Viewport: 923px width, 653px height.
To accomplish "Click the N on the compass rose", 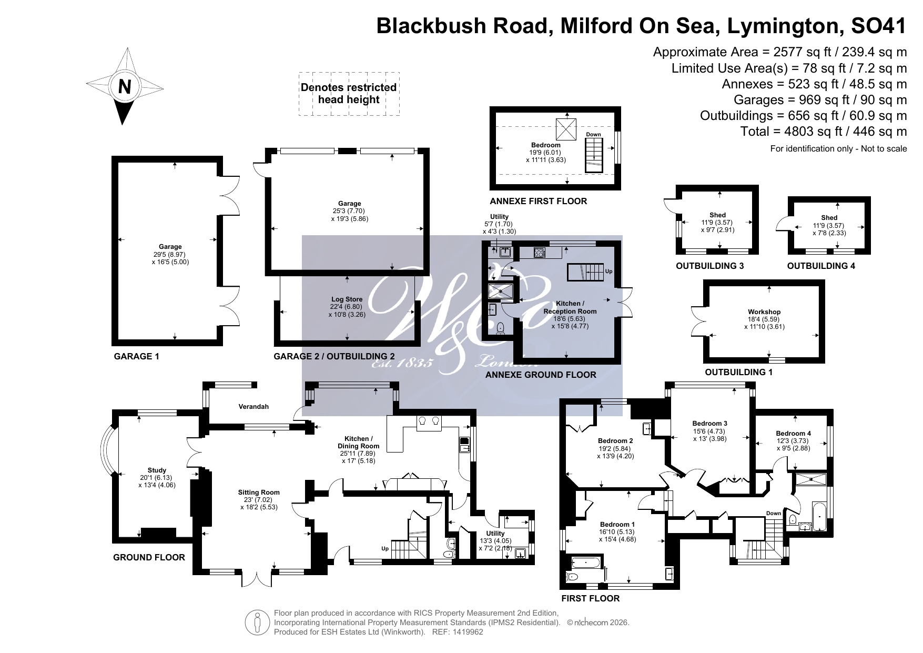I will (x=124, y=86).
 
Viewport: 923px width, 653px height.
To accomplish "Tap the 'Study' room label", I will (x=157, y=470).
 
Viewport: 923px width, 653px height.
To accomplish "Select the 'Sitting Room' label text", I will (x=258, y=493).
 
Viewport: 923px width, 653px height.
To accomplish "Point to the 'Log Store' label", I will (x=347, y=299).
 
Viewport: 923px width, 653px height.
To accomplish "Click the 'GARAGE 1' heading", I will (x=136, y=356).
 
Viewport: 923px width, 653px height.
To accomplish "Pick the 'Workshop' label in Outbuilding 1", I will (x=764, y=312).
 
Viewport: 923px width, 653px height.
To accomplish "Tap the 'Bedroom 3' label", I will (x=709, y=424).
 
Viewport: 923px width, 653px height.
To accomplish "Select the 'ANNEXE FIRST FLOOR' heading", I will (x=538, y=201).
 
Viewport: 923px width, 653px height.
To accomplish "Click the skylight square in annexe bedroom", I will (x=566, y=129).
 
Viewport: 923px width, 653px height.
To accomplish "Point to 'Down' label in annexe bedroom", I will (x=593, y=135).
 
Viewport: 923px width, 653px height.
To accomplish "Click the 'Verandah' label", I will (x=253, y=407).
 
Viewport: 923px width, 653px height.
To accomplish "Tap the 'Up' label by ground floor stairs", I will (x=385, y=549).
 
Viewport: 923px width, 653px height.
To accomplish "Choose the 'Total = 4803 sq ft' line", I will (x=823, y=131).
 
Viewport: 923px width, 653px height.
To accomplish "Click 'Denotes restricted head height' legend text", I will (x=348, y=94).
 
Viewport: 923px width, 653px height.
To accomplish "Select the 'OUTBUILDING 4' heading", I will (x=820, y=266).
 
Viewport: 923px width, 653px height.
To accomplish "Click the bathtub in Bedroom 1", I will (x=585, y=563).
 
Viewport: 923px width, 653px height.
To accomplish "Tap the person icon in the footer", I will (x=258, y=622).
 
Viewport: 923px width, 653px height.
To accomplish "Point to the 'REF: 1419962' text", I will (x=457, y=632).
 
